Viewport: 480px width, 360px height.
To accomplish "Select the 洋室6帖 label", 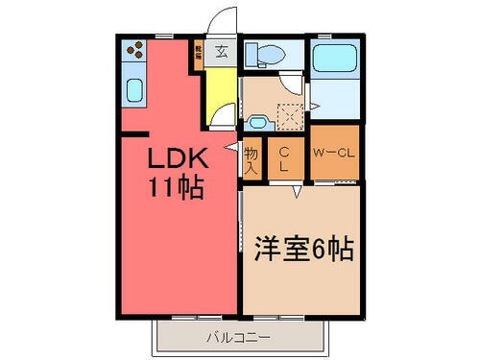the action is click(303, 251).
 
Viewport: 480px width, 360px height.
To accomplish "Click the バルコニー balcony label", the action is click(238, 337).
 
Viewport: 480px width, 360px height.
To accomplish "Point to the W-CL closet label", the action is click(334, 152).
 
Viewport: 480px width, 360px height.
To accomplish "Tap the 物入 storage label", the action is click(252, 159).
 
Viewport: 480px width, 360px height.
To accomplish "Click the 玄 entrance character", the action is click(221, 53).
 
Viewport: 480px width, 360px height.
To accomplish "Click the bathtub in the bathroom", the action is click(333, 58).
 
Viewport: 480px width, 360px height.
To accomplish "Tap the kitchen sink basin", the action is click(133, 93).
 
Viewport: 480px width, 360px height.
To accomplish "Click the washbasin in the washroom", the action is click(256, 122).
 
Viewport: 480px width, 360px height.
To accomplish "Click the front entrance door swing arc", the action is click(224, 19).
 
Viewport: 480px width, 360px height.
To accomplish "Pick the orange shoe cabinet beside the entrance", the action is click(199, 53).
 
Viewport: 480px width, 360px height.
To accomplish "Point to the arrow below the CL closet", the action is click(298, 191).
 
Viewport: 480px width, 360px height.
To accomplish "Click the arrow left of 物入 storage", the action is click(230, 147).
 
